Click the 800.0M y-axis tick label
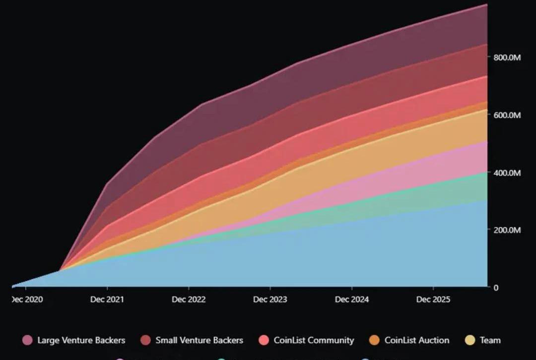pyautogui.click(x=507, y=58)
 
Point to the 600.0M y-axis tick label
pyautogui.click(x=507, y=115)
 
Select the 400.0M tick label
pyautogui.click(x=507, y=173)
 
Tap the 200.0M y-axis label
pyautogui.click(x=507, y=230)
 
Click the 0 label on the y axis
pyautogui.click(x=496, y=288)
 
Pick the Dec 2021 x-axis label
pyautogui.click(x=107, y=300)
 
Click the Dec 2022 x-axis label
pyautogui.click(x=189, y=300)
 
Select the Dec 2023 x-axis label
pyautogui.click(x=270, y=300)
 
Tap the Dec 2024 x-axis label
pyautogui.click(x=352, y=300)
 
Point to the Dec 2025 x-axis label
pyautogui.click(x=433, y=300)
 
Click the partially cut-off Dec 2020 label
pyautogui.click(x=27, y=300)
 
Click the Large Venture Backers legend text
pyautogui.click(x=81, y=340)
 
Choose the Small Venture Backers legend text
pyautogui.click(x=199, y=340)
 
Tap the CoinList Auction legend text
pyautogui.click(x=416, y=340)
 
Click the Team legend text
pyautogui.click(x=490, y=340)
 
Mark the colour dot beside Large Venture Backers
pyautogui.click(x=28, y=340)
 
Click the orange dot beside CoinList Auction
pyautogui.click(x=375, y=340)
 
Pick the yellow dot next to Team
pyautogui.click(x=470, y=340)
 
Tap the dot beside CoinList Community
pyautogui.click(x=265, y=340)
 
